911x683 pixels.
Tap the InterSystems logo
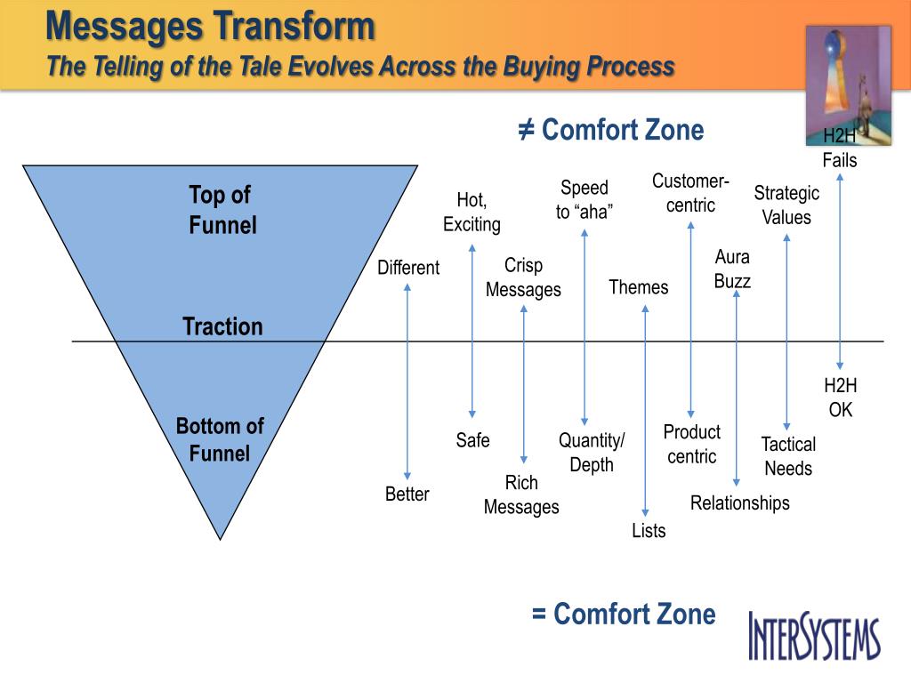(x=814, y=635)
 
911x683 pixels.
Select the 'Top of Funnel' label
(x=222, y=210)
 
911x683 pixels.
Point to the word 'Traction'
(x=222, y=326)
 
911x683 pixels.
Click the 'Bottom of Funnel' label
(x=220, y=439)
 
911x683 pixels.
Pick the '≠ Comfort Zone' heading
(x=611, y=131)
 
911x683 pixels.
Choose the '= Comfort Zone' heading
(x=624, y=614)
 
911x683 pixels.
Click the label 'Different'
(x=408, y=268)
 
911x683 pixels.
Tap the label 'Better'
(x=407, y=494)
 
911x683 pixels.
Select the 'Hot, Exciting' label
(x=472, y=212)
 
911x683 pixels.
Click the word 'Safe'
(x=472, y=439)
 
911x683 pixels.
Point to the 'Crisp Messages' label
(x=523, y=277)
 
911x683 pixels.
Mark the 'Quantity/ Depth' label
(x=592, y=452)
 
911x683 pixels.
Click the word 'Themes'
(x=638, y=287)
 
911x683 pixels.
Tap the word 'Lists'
(x=649, y=531)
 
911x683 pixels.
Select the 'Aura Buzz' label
(x=732, y=269)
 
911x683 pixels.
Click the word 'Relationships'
(x=739, y=502)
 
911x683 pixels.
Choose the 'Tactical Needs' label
(x=788, y=456)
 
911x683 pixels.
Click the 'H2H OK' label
(x=840, y=398)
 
